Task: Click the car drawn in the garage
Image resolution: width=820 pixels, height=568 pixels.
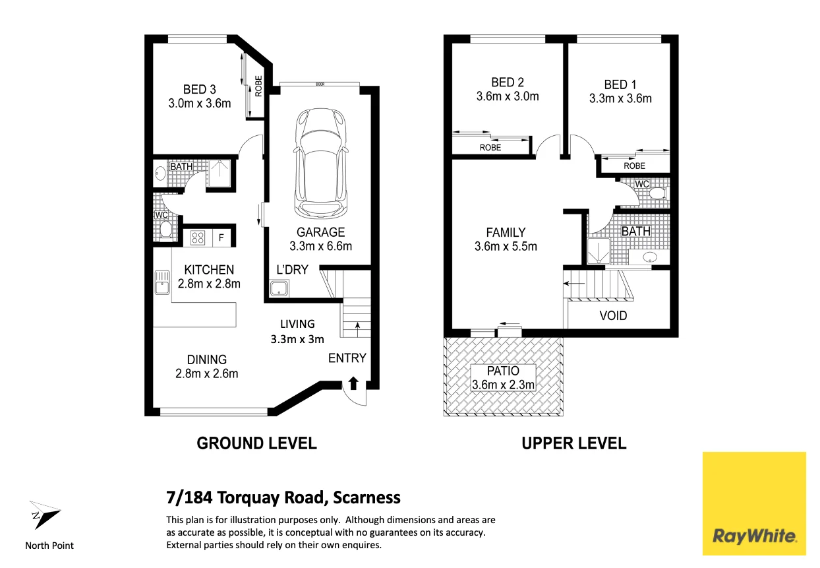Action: (320, 164)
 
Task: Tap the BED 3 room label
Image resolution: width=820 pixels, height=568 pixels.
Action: (200, 90)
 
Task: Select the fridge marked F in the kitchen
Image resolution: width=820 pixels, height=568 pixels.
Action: (221, 237)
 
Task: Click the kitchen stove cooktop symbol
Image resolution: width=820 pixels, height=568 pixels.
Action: (198, 238)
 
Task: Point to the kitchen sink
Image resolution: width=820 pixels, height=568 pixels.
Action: (161, 282)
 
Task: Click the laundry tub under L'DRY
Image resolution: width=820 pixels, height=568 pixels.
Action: (279, 288)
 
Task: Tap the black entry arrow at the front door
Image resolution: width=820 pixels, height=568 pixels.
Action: (353, 383)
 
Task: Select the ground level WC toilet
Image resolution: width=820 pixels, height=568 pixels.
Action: (166, 230)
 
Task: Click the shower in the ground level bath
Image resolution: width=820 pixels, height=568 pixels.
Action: (220, 174)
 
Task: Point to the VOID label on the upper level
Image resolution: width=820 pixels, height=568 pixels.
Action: (613, 315)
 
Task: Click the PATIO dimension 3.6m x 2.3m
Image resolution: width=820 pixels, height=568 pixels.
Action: (503, 385)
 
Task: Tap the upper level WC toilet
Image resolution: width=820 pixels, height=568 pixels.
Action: (658, 193)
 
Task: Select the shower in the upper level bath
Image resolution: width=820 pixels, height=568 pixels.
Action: (599, 251)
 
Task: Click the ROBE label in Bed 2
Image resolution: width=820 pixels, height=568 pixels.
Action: (490, 148)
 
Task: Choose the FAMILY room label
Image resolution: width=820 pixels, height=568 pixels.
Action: (506, 232)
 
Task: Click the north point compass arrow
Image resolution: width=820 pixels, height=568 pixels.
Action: (45, 515)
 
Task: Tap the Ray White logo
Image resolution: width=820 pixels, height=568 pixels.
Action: (754, 503)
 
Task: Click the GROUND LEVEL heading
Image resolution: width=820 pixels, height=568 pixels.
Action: (256, 443)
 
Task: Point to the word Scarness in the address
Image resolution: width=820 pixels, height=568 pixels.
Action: (366, 497)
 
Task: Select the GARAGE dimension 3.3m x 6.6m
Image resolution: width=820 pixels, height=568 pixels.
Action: (320, 246)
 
